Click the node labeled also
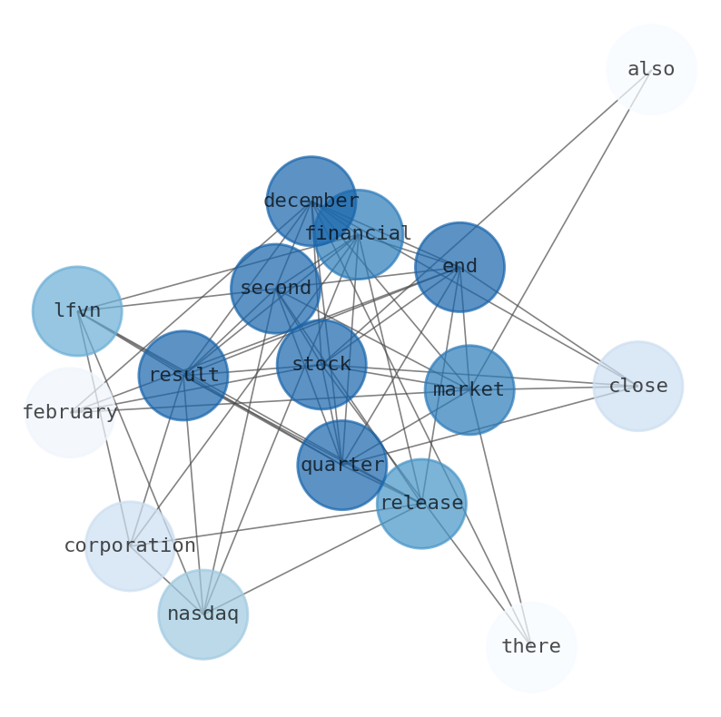tap(651, 70)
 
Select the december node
tap(311, 201)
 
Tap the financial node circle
tap(358, 234)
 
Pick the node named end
tap(459, 267)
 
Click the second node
tap(275, 289)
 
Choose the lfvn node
tap(77, 310)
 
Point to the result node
tap(183, 375)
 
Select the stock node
tap(321, 364)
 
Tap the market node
tap(469, 389)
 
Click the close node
tap(637, 386)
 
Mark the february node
tap(70, 412)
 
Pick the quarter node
tap(342, 465)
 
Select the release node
tap(421, 503)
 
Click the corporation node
tap(130, 545)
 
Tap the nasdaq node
tap(202, 614)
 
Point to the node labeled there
tap(531, 646)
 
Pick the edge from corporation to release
tap(272, 525)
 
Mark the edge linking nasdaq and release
tap(309, 560)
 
